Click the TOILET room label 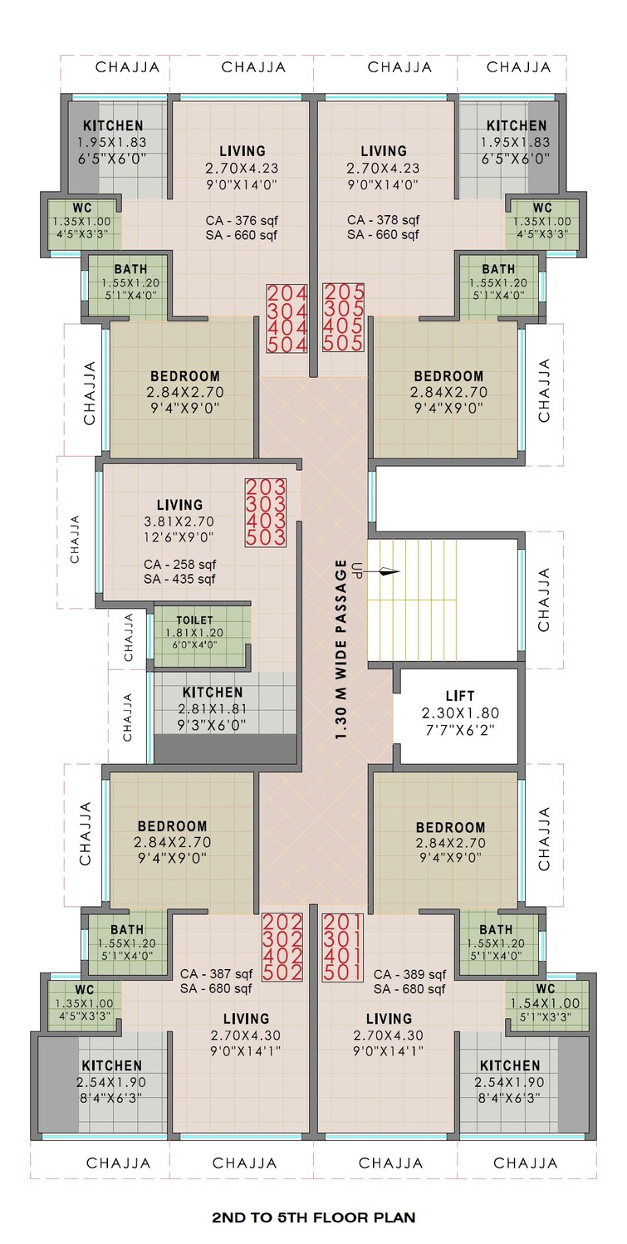point(194,620)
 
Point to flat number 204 point(287,293)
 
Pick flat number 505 point(343,343)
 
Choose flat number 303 point(266,504)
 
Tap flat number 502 point(282,971)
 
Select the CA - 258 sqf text point(179,564)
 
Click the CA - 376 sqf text point(242,220)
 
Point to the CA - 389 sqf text point(409,974)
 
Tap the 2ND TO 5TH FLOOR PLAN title point(314,1217)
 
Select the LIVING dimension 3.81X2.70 point(179,522)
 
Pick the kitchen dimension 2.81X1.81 point(213,708)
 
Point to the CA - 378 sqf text point(384,220)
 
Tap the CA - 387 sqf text point(216,974)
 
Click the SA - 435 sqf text point(179,579)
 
